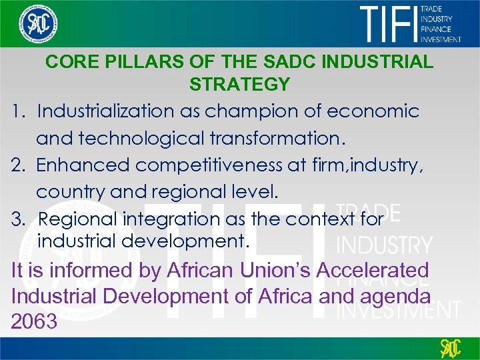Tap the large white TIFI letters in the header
pos(389,24)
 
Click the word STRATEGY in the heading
pos(239,85)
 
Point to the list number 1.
pos(18,111)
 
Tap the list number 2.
pos(18,164)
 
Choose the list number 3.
pos(18,218)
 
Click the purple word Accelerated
pos(372,270)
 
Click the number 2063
pos(35,321)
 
